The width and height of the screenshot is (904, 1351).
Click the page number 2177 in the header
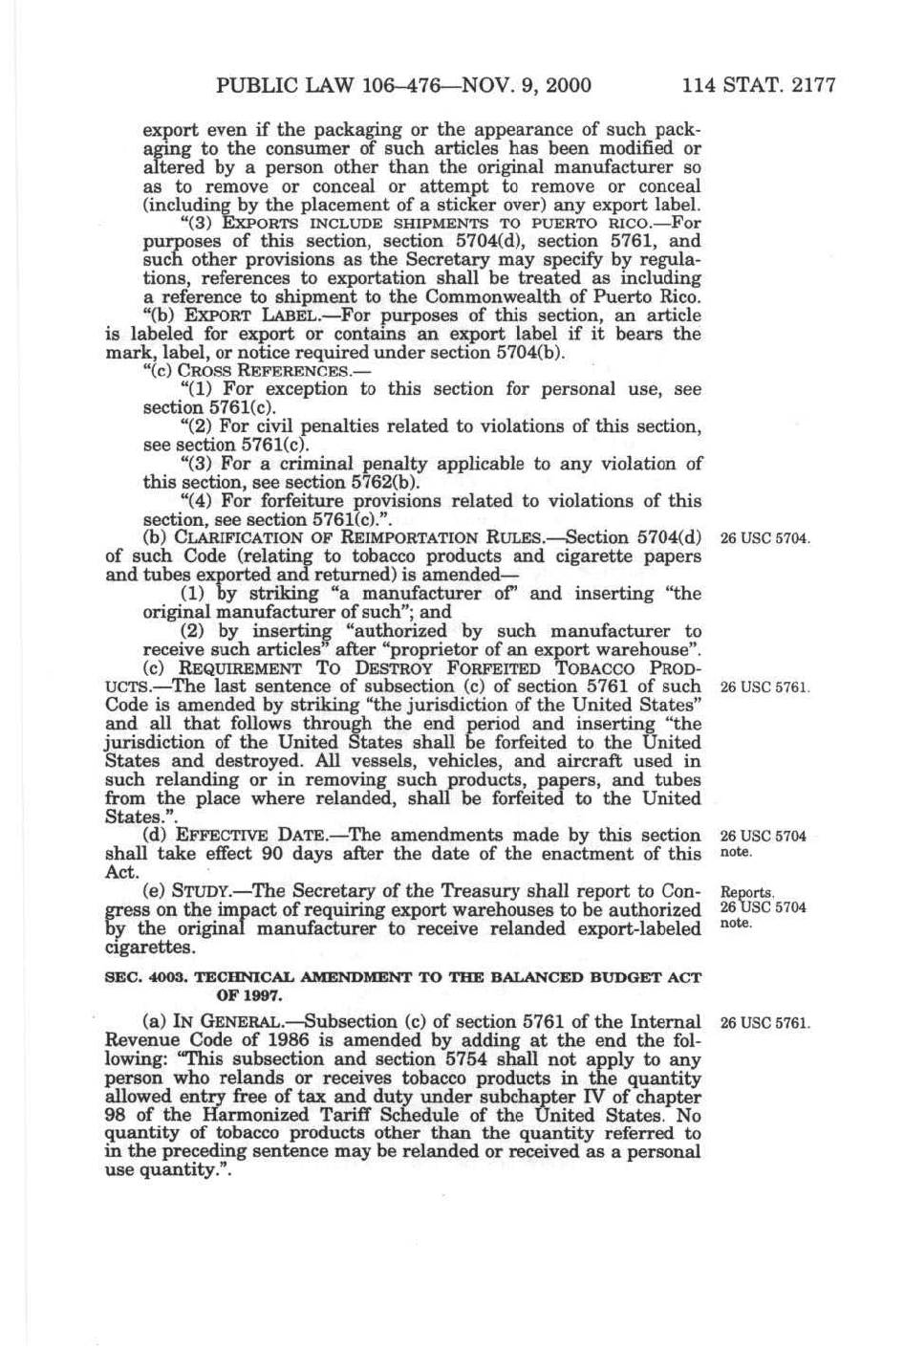click(x=807, y=85)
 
